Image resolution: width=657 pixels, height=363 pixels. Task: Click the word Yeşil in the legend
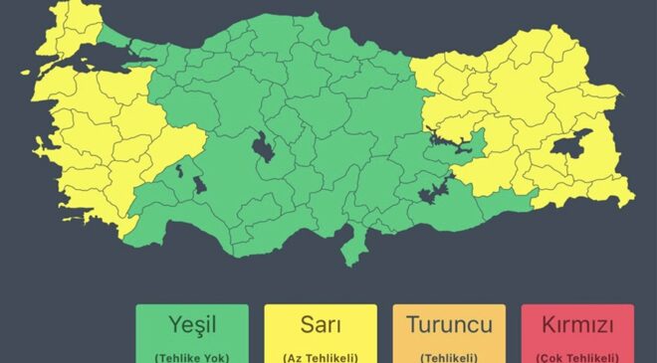point(192,324)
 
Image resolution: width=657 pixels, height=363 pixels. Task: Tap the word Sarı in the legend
point(320,324)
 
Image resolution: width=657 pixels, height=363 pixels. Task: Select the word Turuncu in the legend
point(449,324)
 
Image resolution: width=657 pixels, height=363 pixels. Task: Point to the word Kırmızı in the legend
point(576,324)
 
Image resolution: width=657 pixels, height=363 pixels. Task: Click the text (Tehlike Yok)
point(192,356)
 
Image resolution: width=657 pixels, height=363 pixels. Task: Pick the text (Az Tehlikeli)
point(320,356)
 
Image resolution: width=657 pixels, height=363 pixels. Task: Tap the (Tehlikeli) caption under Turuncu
point(449,356)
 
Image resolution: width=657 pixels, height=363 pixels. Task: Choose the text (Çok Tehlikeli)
point(576,356)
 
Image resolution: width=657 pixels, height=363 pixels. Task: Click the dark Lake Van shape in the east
point(571,147)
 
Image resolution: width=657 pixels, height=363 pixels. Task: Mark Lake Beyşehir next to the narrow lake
point(198,184)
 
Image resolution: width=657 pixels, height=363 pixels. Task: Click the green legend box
point(192,335)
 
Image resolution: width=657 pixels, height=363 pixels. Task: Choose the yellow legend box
point(320,335)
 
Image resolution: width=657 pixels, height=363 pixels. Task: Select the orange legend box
point(449,335)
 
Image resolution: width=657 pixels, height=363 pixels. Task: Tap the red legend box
point(576,335)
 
